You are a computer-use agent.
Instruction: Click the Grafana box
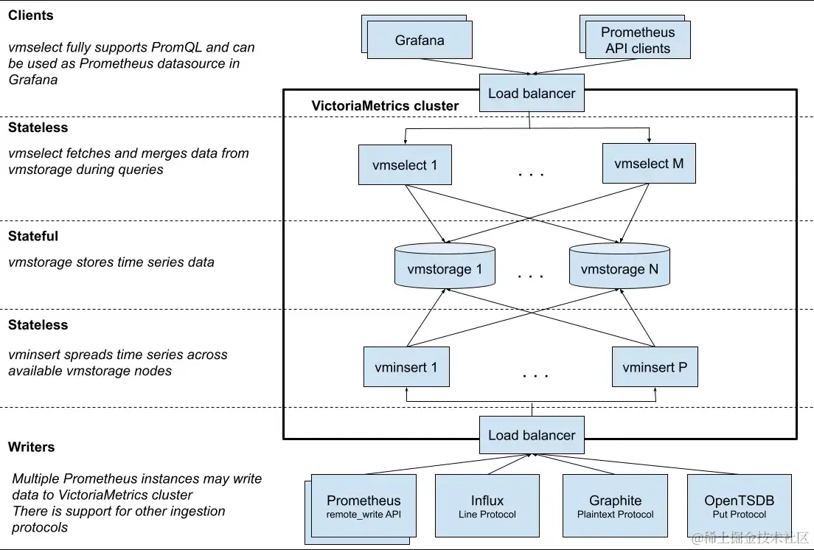[x=420, y=41]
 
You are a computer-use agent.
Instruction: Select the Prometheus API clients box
[x=638, y=41]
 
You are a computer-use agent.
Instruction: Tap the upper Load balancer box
[x=531, y=94]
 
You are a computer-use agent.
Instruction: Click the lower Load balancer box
[x=531, y=435]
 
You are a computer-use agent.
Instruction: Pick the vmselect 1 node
[x=405, y=165]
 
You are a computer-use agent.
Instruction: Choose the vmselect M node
[x=649, y=164]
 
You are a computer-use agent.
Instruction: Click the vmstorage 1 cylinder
[x=444, y=268]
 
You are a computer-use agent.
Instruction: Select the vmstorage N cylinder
[x=619, y=268]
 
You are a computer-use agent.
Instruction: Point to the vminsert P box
[x=655, y=367]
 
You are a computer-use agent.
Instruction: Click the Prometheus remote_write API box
[x=363, y=507]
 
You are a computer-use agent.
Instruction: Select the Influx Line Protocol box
[x=487, y=507]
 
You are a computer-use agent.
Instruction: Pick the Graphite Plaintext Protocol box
[x=615, y=507]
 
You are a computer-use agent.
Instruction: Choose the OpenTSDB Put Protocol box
[x=739, y=507]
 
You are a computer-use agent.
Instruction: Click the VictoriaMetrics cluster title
[x=385, y=106]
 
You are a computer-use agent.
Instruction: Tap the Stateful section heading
[x=33, y=237]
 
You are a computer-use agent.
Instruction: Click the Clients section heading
[x=31, y=15]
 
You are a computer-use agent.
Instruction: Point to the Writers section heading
[x=32, y=448]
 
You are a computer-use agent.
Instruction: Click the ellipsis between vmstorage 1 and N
[x=531, y=276]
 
